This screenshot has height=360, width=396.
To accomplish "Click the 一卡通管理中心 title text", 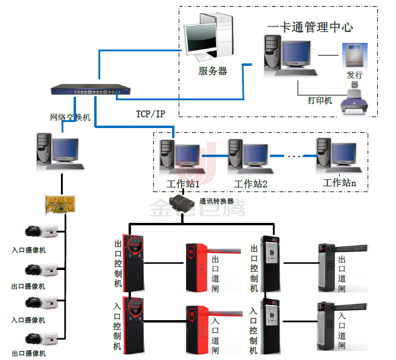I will tap(310, 27).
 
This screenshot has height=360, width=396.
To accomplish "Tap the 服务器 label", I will tap(212, 71).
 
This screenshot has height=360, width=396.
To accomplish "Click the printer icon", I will tap(354, 101).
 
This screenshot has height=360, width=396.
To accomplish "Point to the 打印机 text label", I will tap(320, 100).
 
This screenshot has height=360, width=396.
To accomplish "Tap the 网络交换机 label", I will tap(70, 117).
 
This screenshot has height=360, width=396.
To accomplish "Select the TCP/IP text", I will tap(151, 114).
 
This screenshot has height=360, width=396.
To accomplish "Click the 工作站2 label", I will tap(251, 184).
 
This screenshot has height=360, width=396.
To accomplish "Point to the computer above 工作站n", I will tap(336, 155).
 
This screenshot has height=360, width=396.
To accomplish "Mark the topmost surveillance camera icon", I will tap(41, 232).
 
